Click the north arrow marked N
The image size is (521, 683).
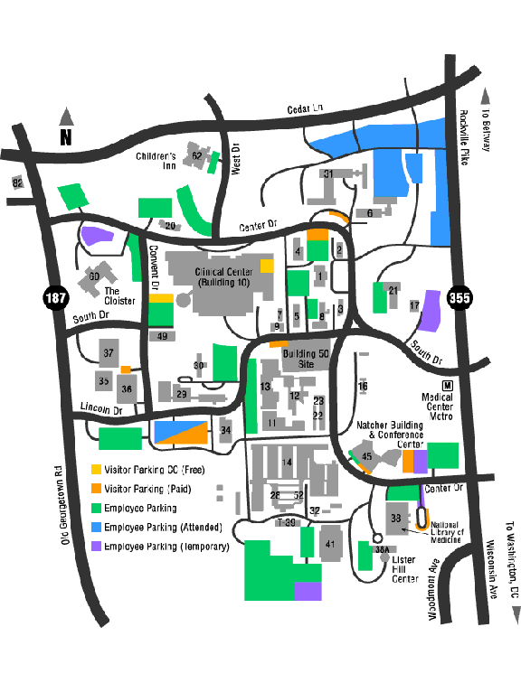[65, 127]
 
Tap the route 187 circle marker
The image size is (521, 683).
[54, 297]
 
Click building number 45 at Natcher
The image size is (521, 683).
[366, 457]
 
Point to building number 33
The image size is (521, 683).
[395, 518]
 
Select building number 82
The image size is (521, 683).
[16, 183]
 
